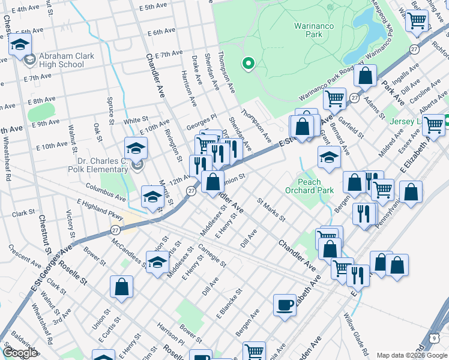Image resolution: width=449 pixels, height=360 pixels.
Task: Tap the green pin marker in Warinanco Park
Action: tap(248, 63)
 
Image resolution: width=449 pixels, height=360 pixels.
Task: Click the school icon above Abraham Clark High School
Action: tap(20, 45)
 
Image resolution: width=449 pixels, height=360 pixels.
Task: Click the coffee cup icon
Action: tap(285, 305)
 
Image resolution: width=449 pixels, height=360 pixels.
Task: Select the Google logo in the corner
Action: tap(20, 353)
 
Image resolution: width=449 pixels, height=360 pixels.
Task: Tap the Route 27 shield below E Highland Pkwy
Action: tap(116, 230)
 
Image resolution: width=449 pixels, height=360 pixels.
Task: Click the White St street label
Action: tap(136, 120)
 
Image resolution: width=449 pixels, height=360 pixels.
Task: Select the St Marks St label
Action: tap(271, 210)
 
